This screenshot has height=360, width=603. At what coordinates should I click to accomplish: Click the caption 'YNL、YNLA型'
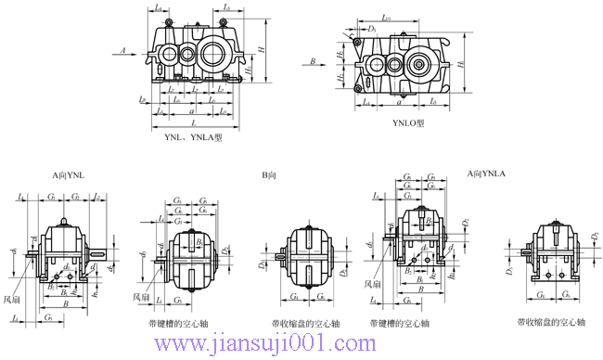pos(194,137)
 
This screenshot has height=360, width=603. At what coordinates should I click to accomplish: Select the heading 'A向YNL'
pos(68,174)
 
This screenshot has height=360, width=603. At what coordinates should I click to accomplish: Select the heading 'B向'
pos(269,174)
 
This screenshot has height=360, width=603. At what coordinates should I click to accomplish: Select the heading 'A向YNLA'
pos(489,174)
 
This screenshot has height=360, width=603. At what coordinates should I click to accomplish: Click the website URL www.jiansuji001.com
pos(269,345)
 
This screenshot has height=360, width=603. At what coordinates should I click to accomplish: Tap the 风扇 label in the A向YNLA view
pos(372,284)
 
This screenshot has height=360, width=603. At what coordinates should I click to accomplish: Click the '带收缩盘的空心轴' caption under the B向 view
pos(301,325)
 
